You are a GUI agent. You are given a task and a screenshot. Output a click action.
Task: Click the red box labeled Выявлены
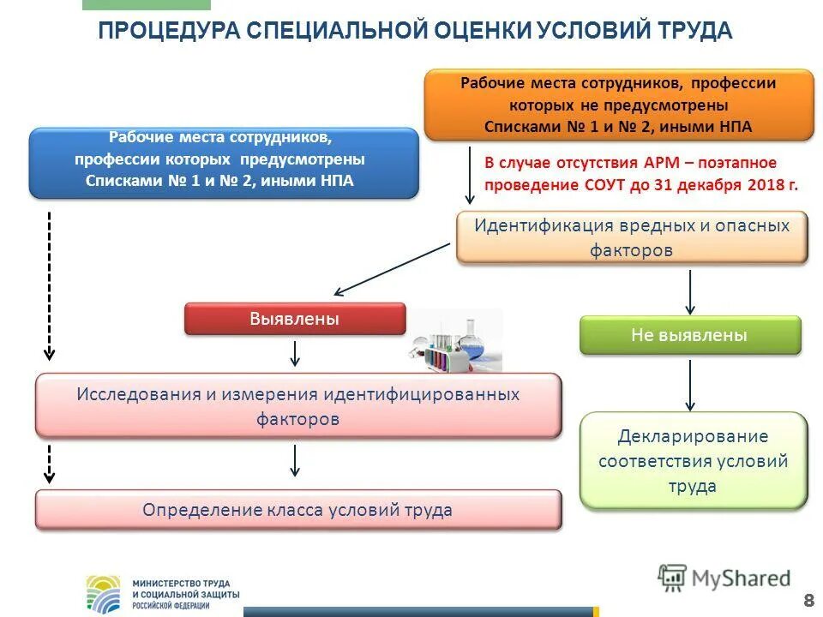point(294,320)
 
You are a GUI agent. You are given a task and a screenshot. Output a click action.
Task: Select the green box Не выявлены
point(690,335)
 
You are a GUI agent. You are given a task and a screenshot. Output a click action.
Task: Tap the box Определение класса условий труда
point(297,511)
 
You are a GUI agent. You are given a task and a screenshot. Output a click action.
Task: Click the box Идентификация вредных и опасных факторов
point(631,238)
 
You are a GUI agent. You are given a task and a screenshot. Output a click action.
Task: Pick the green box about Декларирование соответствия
point(693,461)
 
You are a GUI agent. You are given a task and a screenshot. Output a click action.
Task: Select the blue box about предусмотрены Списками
point(224,161)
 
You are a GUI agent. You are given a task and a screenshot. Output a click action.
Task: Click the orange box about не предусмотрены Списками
point(618,105)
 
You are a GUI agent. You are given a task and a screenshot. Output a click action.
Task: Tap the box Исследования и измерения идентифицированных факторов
point(297,407)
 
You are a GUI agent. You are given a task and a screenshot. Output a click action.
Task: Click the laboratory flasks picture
point(454,343)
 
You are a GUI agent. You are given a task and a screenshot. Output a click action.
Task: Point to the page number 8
point(808,598)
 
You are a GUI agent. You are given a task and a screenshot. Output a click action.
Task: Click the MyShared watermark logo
point(724,578)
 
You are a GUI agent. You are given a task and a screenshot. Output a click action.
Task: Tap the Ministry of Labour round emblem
point(105,592)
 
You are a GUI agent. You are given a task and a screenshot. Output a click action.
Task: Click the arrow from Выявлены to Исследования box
point(295,353)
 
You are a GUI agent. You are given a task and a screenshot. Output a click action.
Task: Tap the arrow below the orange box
point(470,176)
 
